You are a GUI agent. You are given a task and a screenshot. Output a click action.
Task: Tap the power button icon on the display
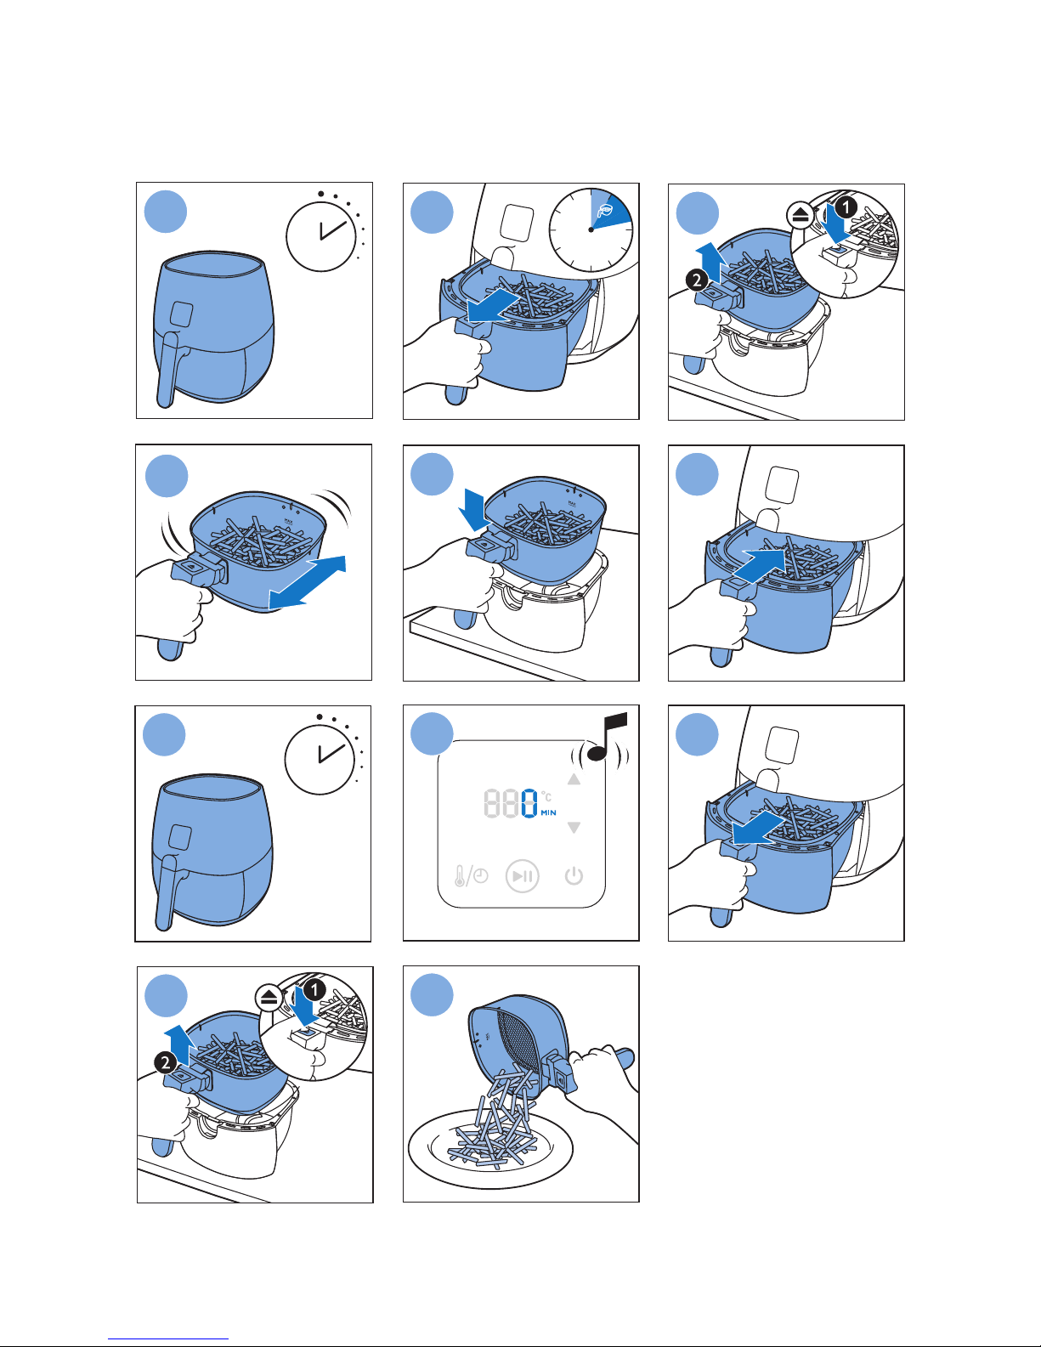coord(574,875)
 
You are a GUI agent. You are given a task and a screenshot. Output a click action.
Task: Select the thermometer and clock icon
coord(471,875)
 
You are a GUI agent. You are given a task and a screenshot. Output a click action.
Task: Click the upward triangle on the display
coord(574,779)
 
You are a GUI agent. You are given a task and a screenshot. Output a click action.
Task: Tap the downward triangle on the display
coord(574,828)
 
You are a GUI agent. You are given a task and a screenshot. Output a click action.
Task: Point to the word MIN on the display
coord(549,813)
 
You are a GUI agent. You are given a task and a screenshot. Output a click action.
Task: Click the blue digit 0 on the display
coord(529,803)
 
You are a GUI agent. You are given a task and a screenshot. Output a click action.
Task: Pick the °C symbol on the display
coord(546,796)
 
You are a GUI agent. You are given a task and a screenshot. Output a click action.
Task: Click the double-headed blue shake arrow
coord(308,582)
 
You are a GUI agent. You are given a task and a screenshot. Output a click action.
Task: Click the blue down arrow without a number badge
coord(471,513)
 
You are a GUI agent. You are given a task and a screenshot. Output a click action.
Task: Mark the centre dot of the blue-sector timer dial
coord(591,229)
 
